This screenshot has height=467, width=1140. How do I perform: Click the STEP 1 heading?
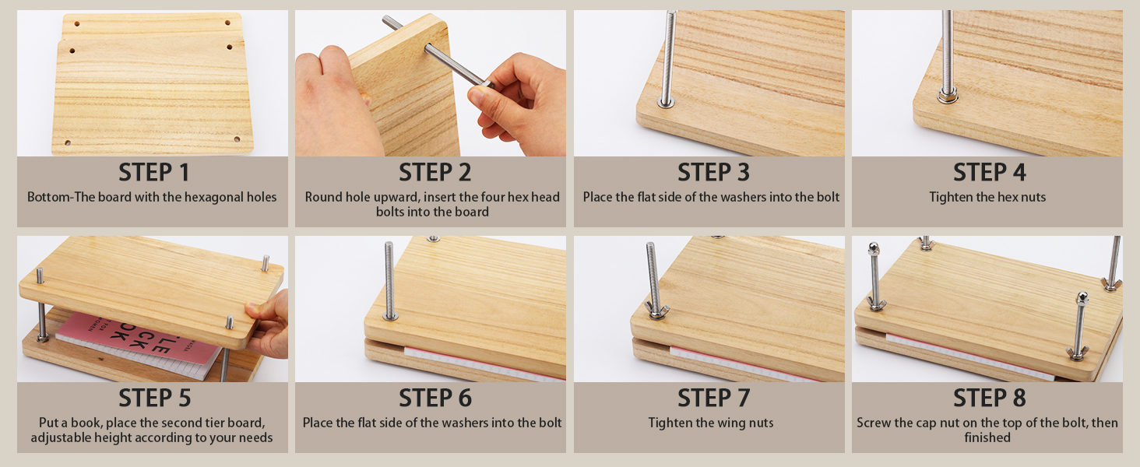153,173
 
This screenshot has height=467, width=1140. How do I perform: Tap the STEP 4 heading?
990,173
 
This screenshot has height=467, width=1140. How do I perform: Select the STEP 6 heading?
435,398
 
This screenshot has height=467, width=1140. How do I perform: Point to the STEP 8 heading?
990,398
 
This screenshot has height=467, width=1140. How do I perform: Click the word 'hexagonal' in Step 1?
194,198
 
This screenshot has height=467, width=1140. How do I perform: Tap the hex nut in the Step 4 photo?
947,95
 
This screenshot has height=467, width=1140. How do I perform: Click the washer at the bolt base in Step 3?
666,102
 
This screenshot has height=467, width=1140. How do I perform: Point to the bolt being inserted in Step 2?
437,54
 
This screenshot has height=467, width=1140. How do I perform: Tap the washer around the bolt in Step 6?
390,317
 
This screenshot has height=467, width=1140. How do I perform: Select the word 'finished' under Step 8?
987,437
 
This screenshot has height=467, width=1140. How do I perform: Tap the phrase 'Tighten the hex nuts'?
987,198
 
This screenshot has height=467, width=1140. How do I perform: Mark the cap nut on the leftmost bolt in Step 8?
874,248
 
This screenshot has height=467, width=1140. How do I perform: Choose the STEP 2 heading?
435,173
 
